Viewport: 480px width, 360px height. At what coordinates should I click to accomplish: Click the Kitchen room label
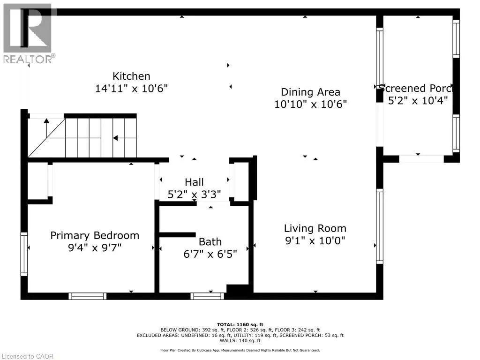pyautogui.click(x=131, y=76)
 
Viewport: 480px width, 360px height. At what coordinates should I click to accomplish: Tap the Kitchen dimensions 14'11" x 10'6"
pyautogui.click(x=131, y=89)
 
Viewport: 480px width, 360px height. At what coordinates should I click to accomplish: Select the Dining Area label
pyautogui.click(x=310, y=92)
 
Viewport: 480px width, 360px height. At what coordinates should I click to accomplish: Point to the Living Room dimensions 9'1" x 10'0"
pyautogui.click(x=315, y=240)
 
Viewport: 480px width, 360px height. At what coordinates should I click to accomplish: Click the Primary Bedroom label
pyautogui.click(x=95, y=235)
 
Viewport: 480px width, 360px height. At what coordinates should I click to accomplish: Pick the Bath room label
pyautogui.click(x=210, y=242)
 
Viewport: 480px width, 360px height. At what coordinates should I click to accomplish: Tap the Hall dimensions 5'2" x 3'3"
pyautogui.click(x=194, y=195)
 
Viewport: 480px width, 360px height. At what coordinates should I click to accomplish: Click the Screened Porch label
pyautogui.click(x=416, y=88)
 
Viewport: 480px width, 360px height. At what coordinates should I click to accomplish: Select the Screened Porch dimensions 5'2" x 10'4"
pyautogui.click(x=418, y=100)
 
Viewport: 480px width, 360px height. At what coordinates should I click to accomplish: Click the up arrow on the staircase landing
pyautogui.click(x=46, y=128)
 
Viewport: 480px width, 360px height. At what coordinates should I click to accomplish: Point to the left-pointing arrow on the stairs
pyautogui.click(x=125, y=138)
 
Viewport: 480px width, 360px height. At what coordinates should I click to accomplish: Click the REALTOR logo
pyautogui.click(x=29, y=34)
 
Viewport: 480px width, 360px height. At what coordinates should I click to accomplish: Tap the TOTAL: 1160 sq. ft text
pyautogui.click(x=240, y=324)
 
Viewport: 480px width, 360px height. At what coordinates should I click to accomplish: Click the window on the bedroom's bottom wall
pyautogui.click(x=88, y=296)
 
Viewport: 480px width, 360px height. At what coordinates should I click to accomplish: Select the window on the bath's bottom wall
pyautogui.click(x=207, y=296)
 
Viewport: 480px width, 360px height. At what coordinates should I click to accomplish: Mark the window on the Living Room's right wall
pyautogui.click(x=380, y=226)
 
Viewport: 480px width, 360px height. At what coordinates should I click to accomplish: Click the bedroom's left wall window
pyautogui.click(x=24, y=254)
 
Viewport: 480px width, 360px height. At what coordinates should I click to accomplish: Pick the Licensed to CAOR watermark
pyautogui.click(x=28, y=356)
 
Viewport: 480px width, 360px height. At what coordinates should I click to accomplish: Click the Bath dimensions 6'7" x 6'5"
pyautogui.click(x=210, y=254)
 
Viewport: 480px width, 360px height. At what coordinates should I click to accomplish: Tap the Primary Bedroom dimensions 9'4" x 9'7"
pyautogui.click(x=95, y=247)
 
